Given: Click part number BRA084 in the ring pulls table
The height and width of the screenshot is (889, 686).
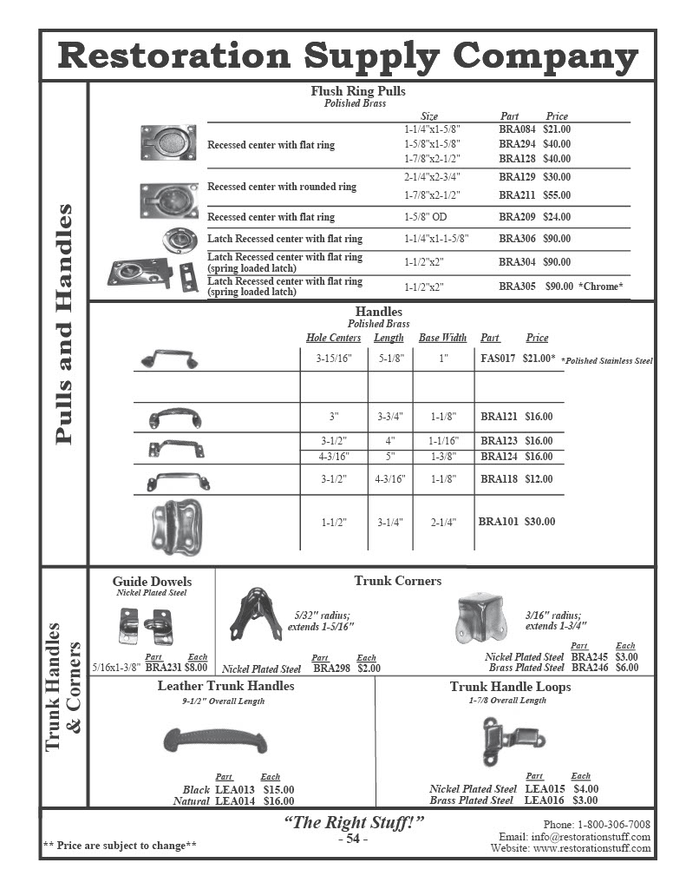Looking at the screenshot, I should pos(517,129).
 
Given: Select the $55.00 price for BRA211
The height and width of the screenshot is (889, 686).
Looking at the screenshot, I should pos(557,195).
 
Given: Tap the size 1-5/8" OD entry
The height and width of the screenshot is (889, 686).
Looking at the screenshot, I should pos(427,217).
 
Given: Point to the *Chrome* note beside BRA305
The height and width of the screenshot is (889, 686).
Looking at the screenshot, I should pos(601,286).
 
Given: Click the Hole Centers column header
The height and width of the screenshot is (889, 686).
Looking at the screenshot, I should pos(333,338).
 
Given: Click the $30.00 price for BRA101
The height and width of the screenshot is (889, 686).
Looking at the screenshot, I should pos(539,522).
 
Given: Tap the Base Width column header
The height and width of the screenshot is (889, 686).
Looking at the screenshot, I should pos(442,338).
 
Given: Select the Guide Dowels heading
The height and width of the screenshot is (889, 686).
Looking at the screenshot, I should pos(152,582).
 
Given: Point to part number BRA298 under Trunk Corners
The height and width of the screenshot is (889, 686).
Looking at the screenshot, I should pos(330,669).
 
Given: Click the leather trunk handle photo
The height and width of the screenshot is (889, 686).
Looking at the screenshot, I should pos(215,741).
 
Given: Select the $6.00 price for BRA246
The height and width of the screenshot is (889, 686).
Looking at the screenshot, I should pos(626,668).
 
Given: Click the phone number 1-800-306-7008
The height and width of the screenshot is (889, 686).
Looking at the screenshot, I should pos(613,824).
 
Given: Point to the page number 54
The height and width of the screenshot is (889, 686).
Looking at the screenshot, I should pos(353,839).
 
